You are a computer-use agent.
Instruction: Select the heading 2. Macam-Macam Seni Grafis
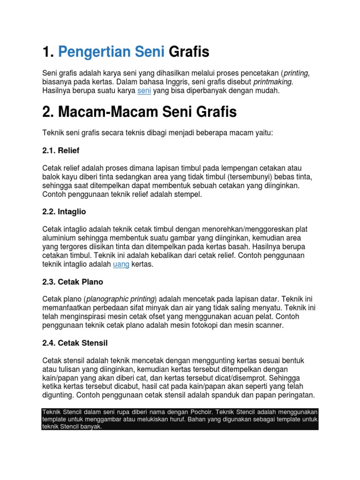140,112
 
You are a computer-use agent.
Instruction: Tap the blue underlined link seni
143,91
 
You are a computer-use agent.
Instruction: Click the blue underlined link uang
121,264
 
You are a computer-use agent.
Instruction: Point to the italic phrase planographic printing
120,299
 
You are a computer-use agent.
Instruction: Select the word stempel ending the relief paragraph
187,194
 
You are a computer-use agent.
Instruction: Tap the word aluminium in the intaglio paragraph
59,238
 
